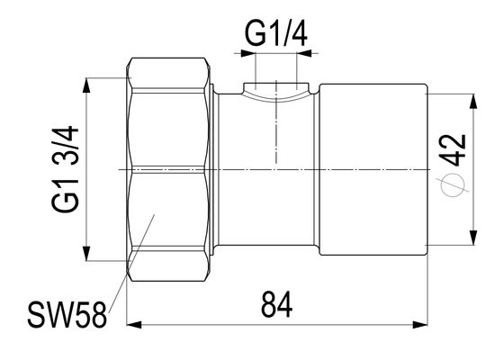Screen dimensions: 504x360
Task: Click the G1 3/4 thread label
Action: [x=65, y=169]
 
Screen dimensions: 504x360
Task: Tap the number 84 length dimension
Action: [x=277, y=304]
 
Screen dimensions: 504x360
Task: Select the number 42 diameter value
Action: [x=454, y=150]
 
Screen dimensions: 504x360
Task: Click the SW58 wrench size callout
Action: [x=67, y=315]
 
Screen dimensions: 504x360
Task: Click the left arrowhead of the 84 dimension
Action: [x=134, y=325]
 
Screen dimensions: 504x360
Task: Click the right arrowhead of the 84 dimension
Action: [x=420, y=325]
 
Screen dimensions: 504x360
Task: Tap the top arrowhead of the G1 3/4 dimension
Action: [x=86, y=85]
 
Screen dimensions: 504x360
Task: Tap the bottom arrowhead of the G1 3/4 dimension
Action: [x=86, y=253]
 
